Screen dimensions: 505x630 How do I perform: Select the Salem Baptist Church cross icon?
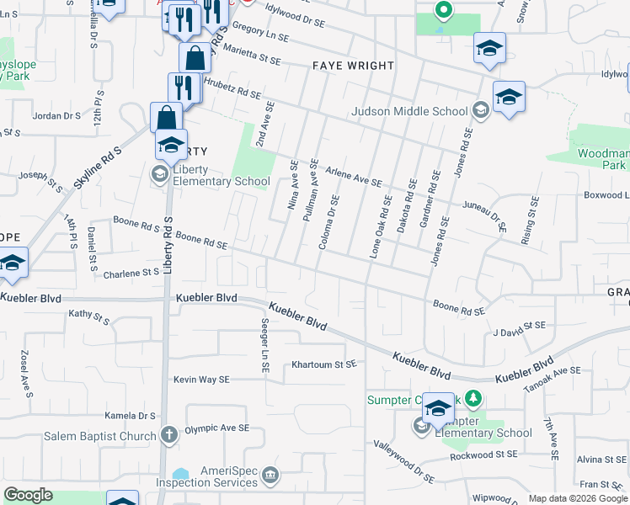(x=168, y=435)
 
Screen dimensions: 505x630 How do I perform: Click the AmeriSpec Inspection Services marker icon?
(x=270, y=476)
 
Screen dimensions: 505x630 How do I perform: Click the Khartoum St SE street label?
(x=324, y=364)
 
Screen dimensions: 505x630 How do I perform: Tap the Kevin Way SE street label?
(x=201, y=380)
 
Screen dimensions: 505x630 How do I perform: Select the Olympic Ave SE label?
(x=217, y=428)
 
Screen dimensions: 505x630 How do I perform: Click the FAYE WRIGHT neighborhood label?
(x=353, y=66)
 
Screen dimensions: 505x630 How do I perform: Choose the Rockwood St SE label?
(x=483, y=454)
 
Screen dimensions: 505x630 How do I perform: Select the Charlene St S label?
(x=131, y=273)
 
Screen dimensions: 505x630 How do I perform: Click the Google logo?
(x=28, y=495)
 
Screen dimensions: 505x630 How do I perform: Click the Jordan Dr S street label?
(x=54, y=116)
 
